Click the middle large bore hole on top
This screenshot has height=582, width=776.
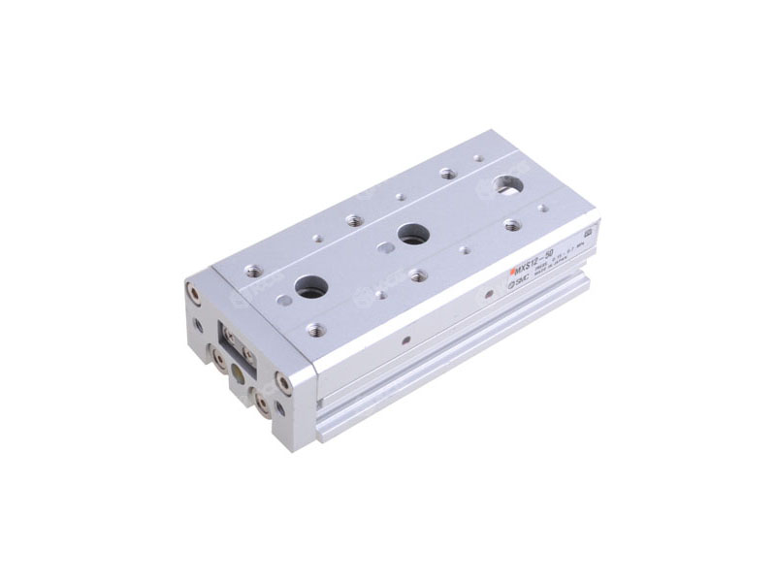point(408,232)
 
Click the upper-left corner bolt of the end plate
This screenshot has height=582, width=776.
point(192,287)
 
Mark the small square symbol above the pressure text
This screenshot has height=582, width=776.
point(589,235)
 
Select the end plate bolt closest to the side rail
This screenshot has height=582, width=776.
point(283,381)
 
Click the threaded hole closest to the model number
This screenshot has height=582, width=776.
point(512,224)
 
